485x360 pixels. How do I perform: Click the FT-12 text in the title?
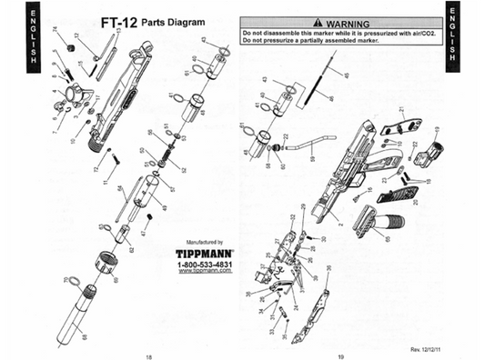(118, 21)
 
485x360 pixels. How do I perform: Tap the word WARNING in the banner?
(340, 21)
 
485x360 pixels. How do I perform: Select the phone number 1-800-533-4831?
(204, 263)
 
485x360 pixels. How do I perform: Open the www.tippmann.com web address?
(204, 270)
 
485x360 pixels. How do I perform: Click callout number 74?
(56, 31)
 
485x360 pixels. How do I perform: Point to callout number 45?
(334, 74)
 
